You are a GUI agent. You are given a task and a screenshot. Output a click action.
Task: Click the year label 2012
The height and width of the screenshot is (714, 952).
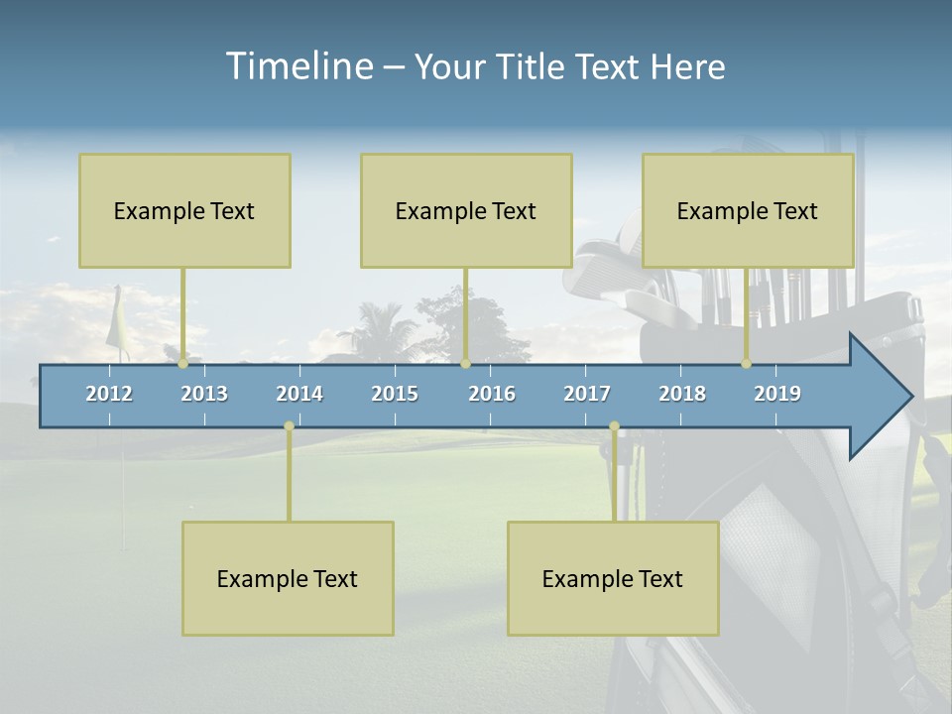coord(109,394)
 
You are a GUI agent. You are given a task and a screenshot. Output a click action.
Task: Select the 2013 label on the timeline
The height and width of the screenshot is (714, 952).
coord(204,394)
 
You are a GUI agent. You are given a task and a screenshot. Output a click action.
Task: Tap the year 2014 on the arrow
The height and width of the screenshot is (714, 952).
coord(299,394)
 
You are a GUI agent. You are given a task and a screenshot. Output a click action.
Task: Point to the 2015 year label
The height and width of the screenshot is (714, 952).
coord(395,394)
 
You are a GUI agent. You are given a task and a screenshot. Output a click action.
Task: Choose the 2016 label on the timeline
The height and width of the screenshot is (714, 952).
coord(492,394)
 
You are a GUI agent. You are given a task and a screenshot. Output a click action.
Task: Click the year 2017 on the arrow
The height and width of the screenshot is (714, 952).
coord(587,394)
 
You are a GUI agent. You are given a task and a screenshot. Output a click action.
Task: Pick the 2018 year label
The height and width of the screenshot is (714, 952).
coord(682,394)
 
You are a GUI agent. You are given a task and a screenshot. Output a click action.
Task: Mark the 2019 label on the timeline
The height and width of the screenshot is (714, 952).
coord(777,394)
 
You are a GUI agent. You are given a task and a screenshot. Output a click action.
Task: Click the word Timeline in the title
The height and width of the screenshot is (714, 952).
coord(298,66)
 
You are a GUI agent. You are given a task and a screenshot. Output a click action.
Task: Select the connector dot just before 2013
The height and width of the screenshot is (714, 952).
coord(182,364)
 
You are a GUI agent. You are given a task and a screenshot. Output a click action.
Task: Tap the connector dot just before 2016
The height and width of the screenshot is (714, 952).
coord(465,364)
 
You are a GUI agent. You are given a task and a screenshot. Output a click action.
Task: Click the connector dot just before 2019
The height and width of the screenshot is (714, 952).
coord(746,364)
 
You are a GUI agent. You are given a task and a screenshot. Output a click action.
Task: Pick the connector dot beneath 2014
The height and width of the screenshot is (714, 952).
coord(289,426)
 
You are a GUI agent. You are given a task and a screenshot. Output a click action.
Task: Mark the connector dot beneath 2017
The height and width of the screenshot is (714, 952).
coord(614,426)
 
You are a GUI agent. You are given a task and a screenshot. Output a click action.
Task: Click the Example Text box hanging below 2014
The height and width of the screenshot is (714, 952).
coord(288,578)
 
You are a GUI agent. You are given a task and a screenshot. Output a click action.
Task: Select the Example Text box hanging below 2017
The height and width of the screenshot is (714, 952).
coord(613,578)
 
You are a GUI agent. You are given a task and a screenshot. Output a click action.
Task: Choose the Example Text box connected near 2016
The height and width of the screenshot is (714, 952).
coord(466,210)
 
